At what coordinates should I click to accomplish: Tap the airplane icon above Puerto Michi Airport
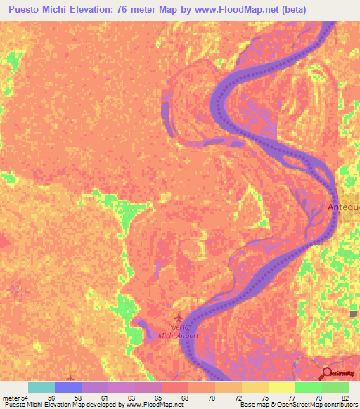point(178,317)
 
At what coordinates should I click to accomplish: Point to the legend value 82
point(344,398)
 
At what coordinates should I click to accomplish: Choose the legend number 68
point(183,398)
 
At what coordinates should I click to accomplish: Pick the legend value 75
point(264,398)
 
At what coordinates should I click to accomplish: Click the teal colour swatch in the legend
point(41,388)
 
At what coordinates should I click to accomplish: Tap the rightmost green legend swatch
point(335,388)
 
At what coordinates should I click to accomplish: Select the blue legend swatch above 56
point(68,388)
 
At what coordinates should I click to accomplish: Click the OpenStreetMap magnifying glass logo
point(326,372)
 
